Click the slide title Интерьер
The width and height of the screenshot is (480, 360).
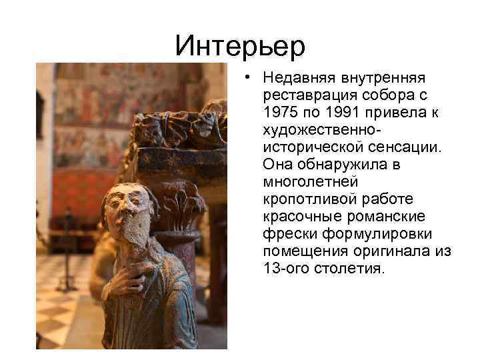click(240, 45)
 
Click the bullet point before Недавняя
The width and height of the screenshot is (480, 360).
click(247, 78)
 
